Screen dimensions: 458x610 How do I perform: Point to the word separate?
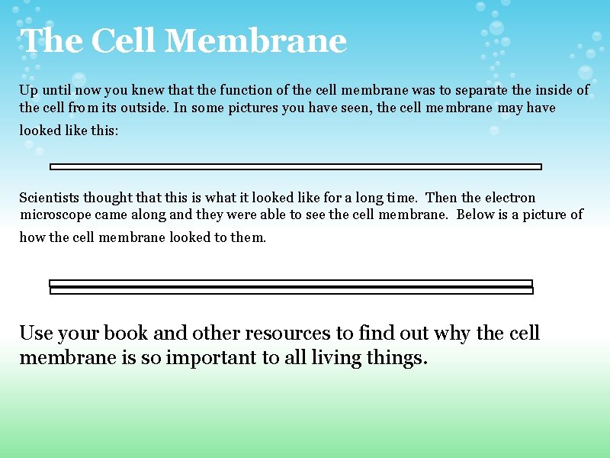click(483, 90)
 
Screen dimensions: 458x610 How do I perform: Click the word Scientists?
click(48, 198)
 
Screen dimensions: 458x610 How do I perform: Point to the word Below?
click(475, 214)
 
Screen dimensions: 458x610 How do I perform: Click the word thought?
click(107, 198)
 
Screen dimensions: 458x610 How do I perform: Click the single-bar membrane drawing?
click(295, 166)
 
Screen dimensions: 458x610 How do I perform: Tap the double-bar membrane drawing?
click(291, 287)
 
